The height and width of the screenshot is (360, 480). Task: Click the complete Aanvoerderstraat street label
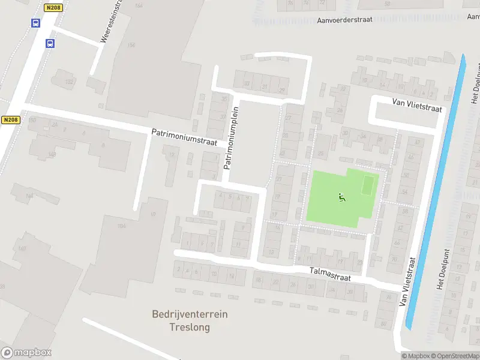[345, 19]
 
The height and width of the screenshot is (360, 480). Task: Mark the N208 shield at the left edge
[10, 120]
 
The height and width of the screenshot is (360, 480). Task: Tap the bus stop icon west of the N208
[35, 23]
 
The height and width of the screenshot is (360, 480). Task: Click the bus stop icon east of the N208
[50, 43]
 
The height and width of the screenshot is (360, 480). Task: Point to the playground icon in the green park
[342, 197]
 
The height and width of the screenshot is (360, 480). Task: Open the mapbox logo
[26, 353]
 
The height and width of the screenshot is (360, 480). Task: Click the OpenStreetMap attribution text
[455, 356]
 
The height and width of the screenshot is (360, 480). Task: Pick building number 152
[70, 82]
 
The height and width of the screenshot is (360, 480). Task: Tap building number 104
[122, 226]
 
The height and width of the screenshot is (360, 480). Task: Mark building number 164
[139, 5]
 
